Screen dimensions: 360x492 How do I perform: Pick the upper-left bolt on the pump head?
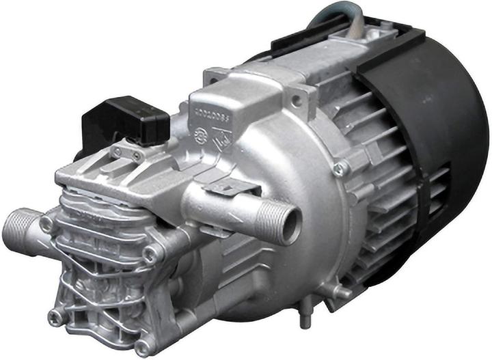(x=46, y=223)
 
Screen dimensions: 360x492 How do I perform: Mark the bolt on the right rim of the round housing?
(x=340, y=167)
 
